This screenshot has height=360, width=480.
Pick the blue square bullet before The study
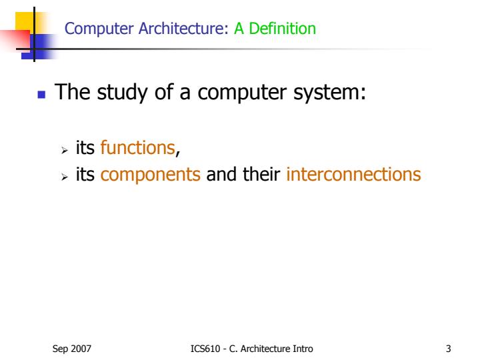pyautogui.click(x=40, y=93)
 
